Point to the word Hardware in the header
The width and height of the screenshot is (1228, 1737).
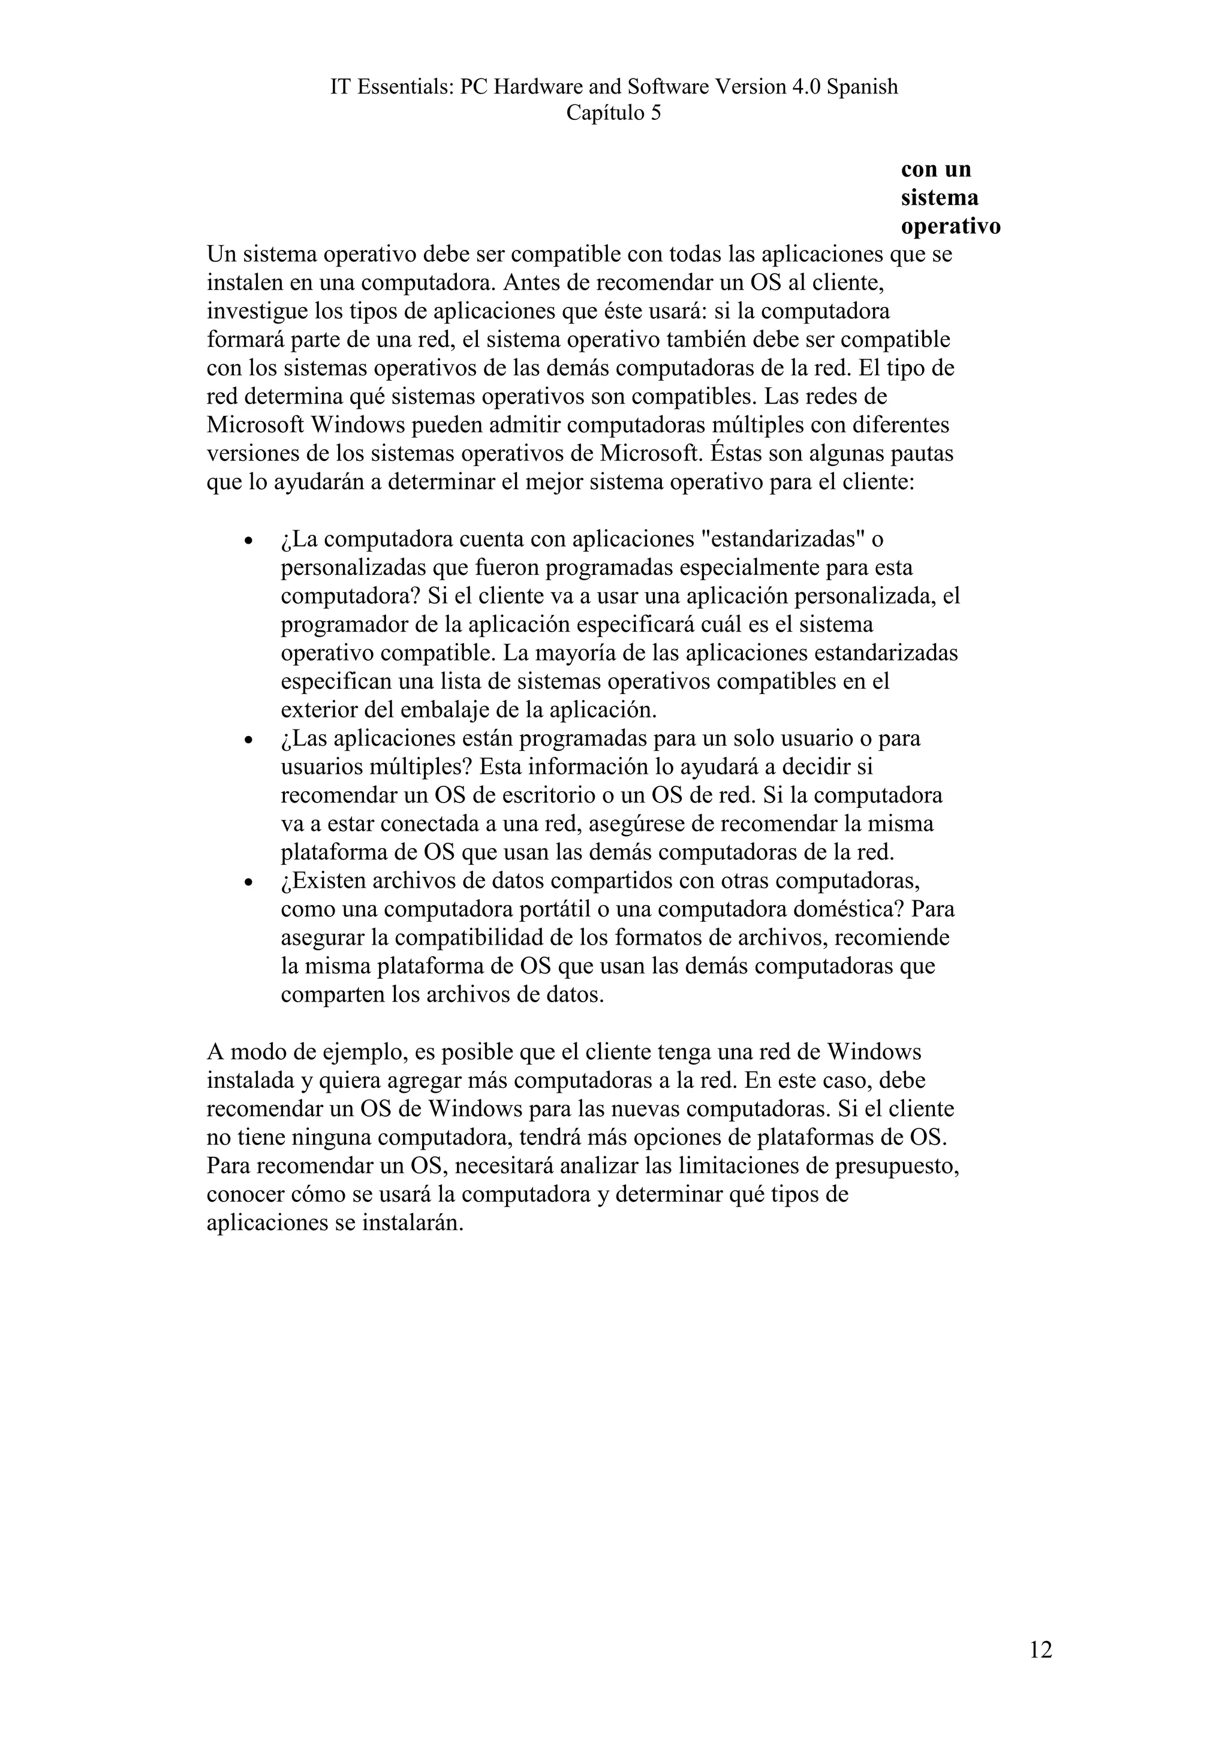tap(537, 87)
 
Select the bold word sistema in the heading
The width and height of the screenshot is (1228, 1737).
tap(939, 198)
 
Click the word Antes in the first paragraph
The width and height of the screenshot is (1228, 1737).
tap(529, 283)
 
